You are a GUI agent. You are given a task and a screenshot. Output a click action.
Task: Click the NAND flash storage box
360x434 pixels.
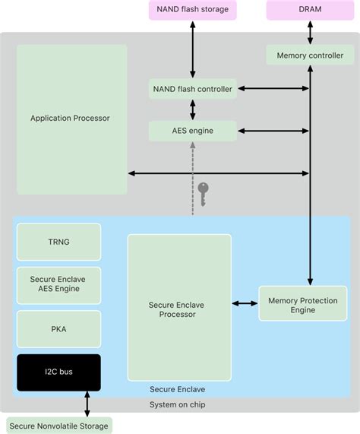192,10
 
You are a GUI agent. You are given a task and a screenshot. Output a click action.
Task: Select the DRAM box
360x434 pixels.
309,10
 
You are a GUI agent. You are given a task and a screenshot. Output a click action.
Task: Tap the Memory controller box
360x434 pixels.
309,55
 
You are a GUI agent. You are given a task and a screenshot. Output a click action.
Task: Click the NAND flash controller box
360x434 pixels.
192,89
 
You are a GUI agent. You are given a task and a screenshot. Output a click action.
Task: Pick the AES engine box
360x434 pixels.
192,131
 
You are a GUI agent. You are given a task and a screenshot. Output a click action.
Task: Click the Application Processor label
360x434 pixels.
70,118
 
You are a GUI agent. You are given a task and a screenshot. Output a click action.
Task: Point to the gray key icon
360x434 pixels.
203,192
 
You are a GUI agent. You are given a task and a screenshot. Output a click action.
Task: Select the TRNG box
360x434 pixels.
58,242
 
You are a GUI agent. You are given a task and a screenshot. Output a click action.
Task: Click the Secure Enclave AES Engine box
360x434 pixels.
58,285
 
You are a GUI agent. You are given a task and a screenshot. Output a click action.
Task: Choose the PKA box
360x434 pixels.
58,329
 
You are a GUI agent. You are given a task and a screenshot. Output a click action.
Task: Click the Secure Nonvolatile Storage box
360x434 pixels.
59,425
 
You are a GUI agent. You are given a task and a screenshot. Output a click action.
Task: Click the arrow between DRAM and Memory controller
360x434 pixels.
309,33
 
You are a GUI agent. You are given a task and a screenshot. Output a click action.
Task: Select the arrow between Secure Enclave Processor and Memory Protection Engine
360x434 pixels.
245,304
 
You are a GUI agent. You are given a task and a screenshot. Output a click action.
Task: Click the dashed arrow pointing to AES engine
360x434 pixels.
192,179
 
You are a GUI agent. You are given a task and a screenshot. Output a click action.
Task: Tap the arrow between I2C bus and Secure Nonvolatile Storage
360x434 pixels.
87,404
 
